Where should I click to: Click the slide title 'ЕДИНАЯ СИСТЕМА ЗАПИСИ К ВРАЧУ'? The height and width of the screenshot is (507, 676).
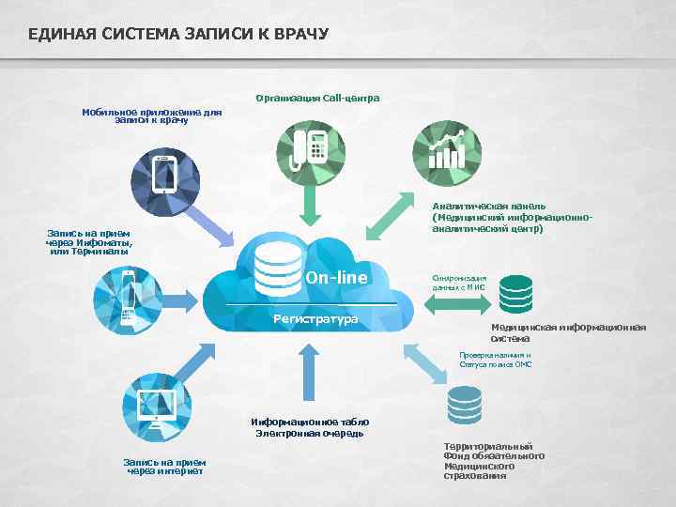178,35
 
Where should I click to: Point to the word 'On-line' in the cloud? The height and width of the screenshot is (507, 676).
336,278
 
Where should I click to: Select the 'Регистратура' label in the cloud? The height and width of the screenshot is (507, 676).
315,319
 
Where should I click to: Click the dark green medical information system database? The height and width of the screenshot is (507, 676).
515,294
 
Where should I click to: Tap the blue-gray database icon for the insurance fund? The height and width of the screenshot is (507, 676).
465,406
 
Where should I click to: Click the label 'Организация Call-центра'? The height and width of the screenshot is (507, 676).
316,98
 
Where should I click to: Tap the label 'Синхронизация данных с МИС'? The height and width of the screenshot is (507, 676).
460,283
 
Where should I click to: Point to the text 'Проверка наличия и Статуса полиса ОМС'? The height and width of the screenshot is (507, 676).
495,360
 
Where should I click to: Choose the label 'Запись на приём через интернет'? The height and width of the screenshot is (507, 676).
165,466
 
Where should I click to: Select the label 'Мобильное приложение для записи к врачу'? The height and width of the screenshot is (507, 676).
151,115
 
